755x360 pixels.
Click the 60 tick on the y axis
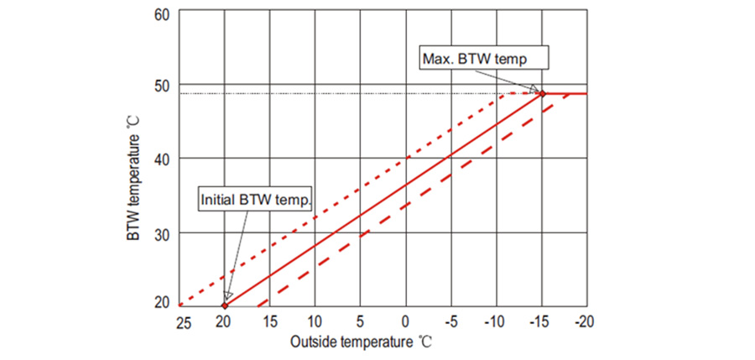tap(162, 13)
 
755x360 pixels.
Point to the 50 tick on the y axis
tap(162, 86)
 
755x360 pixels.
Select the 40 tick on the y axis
tap(162, 159)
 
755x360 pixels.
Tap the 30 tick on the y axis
tap(162, 232)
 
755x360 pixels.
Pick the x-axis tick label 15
tap(268, 323)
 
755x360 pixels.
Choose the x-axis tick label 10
tap(314, 323)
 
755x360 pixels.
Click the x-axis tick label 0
tap(405, 323)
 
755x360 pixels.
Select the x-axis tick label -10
tap(495, 323)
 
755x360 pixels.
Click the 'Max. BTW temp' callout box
tap(484, 58)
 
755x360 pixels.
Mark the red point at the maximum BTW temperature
tap(542, 93)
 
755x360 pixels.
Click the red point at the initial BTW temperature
tap(224, 306)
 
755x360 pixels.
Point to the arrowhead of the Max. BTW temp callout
tap(536, 90)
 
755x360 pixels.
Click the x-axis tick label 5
tap(359, 323)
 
